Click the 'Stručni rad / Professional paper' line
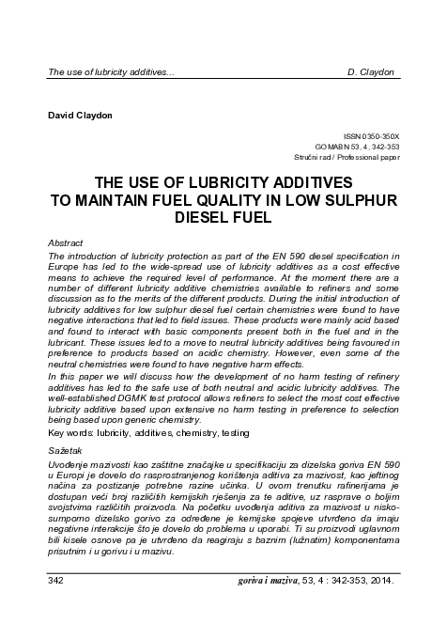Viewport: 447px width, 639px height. tap(347, 158)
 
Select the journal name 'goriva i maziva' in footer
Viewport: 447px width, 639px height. tap(273, 582)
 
